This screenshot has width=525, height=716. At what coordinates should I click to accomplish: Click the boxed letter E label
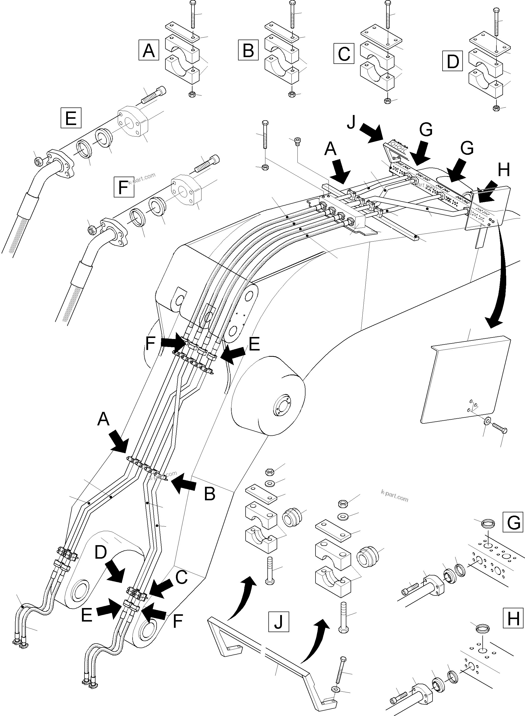71,118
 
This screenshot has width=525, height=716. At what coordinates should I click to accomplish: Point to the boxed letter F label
123,187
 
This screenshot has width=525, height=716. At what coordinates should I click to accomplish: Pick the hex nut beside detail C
387,101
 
